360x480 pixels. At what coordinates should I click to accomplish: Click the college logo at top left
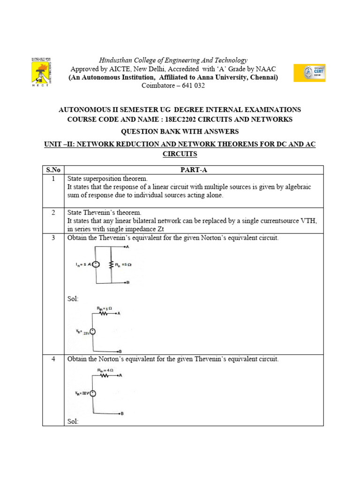point(41,73)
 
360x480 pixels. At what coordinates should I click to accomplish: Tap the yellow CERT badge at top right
point(309,73)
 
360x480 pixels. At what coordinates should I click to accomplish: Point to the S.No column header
point(53,169)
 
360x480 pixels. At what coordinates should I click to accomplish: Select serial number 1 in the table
point(53,179)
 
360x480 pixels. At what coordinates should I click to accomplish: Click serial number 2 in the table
point(53,212)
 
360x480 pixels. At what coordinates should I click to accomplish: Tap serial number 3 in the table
point(53,238)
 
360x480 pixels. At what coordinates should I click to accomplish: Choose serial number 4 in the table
point(53,359)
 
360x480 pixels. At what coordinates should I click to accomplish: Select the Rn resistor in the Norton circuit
point(112,265)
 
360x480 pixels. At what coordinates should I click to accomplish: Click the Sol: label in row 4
point(73,421)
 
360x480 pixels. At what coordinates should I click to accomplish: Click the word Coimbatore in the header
point(158,86)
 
